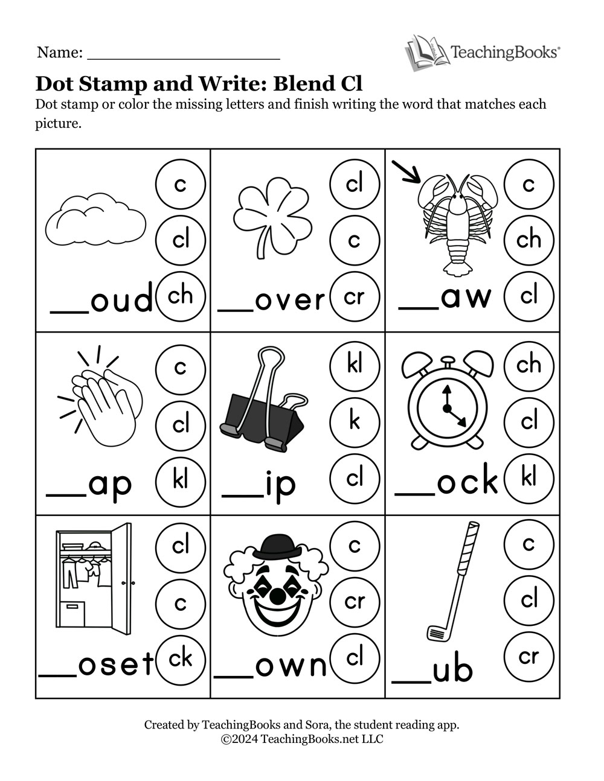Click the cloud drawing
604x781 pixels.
(95, 219)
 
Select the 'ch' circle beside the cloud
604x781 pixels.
(180, 296)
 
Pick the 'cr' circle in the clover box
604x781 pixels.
(355, 296)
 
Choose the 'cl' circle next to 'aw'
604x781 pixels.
(528, 296)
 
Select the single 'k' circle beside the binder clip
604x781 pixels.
(355, 421)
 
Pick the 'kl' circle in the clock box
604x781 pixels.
(528, 478)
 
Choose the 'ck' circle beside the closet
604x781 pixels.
(180, 658)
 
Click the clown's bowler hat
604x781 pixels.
(277, 547)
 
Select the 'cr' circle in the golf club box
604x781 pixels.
(528, 656)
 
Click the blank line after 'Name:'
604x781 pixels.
(184, 54)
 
